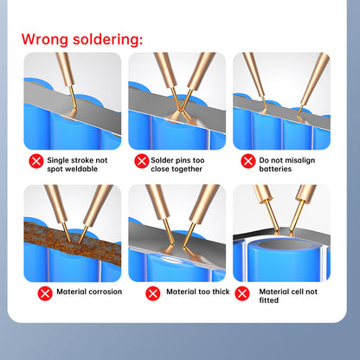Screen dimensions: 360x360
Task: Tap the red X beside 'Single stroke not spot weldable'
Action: (x=35, y=161)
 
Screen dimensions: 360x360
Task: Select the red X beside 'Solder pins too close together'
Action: (x=142, y=161)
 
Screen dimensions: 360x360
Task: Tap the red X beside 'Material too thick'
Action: (x=152, y=292)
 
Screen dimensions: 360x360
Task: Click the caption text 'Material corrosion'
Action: (x=89, y=292)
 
